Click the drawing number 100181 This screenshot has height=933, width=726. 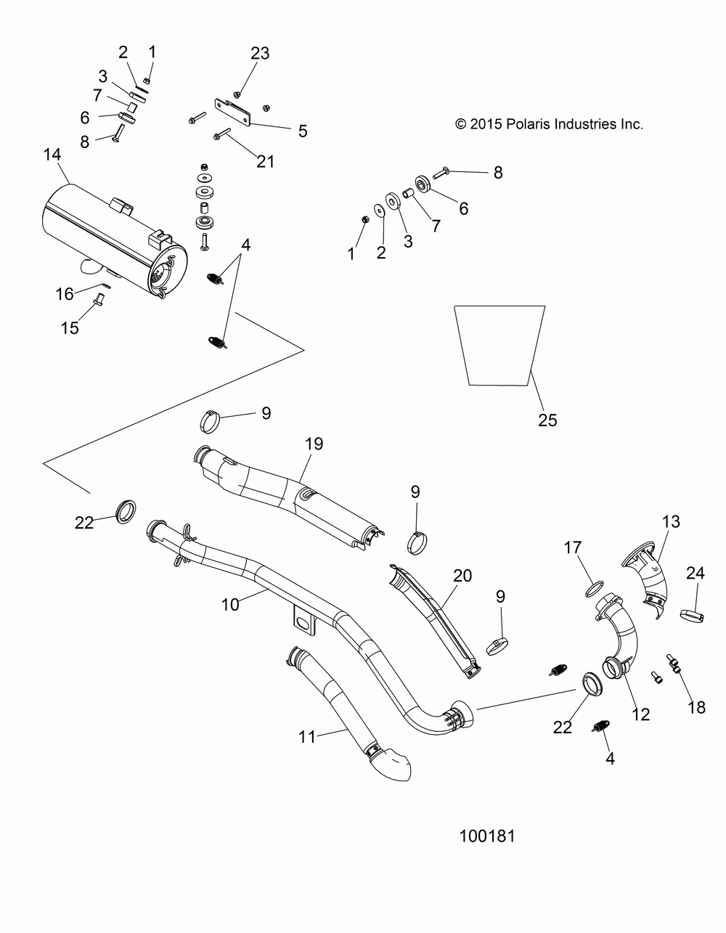(x=487, y=836)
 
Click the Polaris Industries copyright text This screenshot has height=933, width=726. (x=549, y=124)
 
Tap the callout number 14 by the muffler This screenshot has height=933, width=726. (x=52, y=155)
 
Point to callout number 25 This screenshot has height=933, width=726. (x=547, y=420)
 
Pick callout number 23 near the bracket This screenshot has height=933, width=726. (x=260, y=53)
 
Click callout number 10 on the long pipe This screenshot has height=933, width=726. (x=230, y=603)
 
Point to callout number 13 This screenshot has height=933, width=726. (x=670, y=521)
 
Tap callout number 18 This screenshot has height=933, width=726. (x=696, y=706)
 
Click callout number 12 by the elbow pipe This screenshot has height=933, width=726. (x=640, y=714)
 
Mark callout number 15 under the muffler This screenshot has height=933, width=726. (x=69, y=328)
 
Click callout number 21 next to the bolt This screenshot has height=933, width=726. (x=265, y=160)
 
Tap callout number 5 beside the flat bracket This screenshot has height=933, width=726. (x=301, y=131)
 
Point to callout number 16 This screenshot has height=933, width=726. (x=65, y=293)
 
